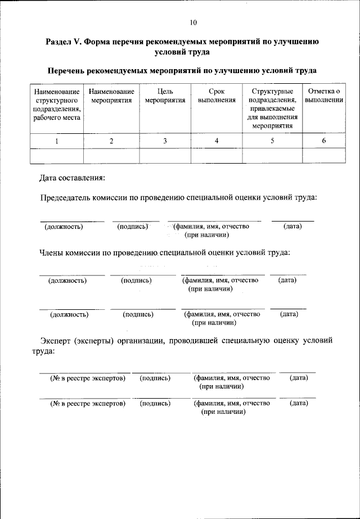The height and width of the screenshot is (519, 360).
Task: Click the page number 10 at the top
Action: [193, 22]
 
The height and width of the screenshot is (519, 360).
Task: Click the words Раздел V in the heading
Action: [64, 42]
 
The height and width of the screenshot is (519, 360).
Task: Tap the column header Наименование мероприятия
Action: [111, 96]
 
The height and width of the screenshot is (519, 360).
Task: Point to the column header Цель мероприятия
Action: [165, 96]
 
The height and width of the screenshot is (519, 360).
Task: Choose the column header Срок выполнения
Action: [216, 96]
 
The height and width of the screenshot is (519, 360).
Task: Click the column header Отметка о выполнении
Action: [324, 96]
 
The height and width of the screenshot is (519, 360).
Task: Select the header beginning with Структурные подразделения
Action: [272, 108]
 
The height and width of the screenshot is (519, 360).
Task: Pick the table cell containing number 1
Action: [56, 141]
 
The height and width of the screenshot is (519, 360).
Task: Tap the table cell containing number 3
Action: [165, 141]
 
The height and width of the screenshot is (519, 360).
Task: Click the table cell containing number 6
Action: [324, 141]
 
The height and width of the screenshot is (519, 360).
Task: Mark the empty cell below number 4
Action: [216, 156]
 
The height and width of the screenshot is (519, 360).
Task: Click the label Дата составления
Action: [71, 178]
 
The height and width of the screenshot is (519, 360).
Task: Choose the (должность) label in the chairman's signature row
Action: [64, 227]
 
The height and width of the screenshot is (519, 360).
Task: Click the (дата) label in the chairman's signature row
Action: [292, 226]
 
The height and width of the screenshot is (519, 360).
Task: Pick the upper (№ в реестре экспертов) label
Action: [87, 378]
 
